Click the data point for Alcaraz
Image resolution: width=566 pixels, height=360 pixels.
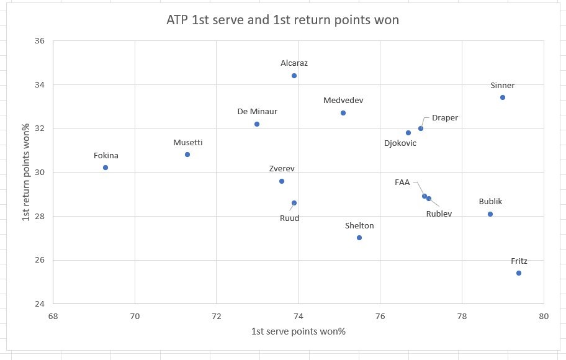point(294,76)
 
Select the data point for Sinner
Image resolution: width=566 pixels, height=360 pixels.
point(503,97)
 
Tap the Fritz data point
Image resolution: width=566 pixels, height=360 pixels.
point(519,273)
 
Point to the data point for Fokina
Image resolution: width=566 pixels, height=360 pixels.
point(106,168)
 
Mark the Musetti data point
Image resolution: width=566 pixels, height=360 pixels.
point(187,155)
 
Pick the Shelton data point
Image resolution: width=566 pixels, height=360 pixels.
point(359,238)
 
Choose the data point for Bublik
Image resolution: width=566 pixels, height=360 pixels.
point(490,214)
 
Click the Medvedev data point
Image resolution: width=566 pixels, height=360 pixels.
point(343,113)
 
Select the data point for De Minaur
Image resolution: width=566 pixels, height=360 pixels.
point(257,124)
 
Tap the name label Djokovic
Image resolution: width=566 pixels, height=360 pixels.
point(400,143)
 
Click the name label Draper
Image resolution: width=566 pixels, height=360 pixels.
point(445,118)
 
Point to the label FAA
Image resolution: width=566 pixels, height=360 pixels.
point(402,182)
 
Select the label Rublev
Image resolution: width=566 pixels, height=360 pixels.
point(439,214)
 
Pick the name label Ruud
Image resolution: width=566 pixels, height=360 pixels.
point(289,218)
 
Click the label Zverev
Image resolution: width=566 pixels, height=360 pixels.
point(282,168)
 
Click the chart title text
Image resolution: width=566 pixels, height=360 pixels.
point(283,20)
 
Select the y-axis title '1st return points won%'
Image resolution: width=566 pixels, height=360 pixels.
point(27,173)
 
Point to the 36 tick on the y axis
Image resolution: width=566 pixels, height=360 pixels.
point(40,41)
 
